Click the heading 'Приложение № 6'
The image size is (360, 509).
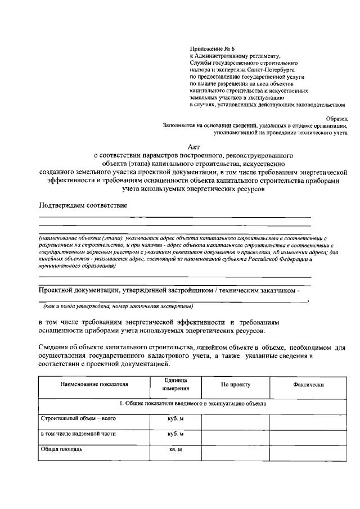click(x=213, y=49)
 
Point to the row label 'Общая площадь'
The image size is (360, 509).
click(x=62, y=449)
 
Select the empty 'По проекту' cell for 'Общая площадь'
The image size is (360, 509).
click(x=235, y=451)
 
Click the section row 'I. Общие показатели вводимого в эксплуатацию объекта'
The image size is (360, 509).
click(x=193, y=403)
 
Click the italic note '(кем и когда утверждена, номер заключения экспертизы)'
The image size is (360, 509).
click(x=115, y=307)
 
